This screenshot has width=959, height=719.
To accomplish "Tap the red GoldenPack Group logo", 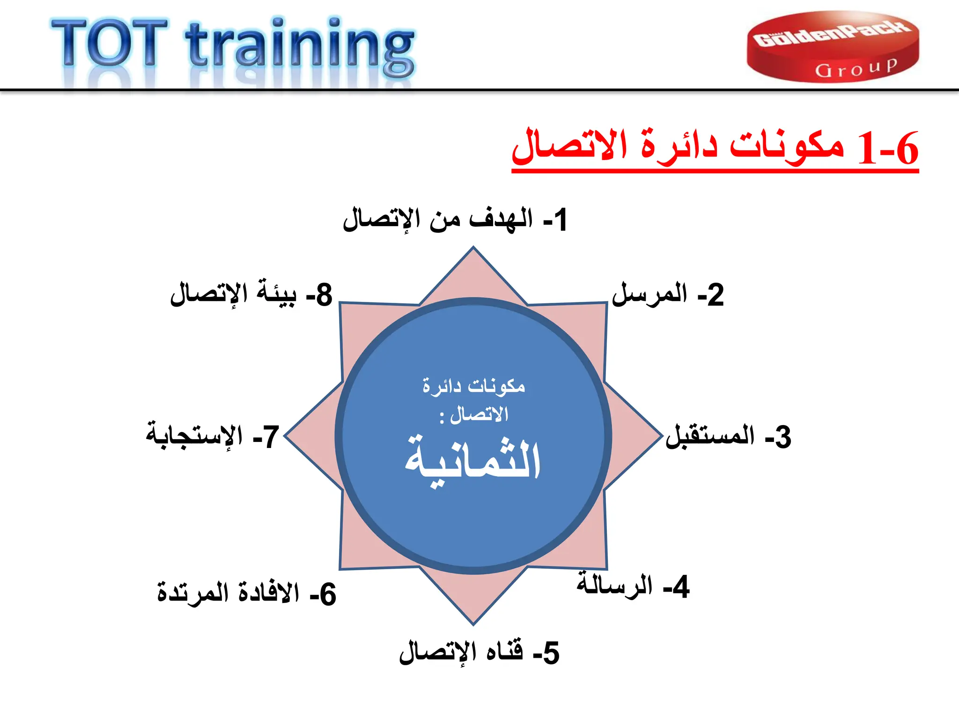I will (833, 47).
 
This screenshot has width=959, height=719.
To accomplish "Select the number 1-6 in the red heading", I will (888, 149).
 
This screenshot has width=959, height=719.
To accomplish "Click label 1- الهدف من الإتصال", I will (455, 220).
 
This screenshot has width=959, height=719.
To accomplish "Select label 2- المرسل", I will (668, 295).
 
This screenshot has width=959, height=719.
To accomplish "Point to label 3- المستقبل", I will (728, 436).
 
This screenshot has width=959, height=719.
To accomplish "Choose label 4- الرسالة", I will (633, 586).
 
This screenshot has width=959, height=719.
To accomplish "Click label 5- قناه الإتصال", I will (479, 653).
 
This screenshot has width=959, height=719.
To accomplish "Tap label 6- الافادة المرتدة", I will (246, 594).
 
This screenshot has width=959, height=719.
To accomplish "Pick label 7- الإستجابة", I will (213, 436).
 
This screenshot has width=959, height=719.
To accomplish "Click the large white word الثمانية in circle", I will (473, 461).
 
